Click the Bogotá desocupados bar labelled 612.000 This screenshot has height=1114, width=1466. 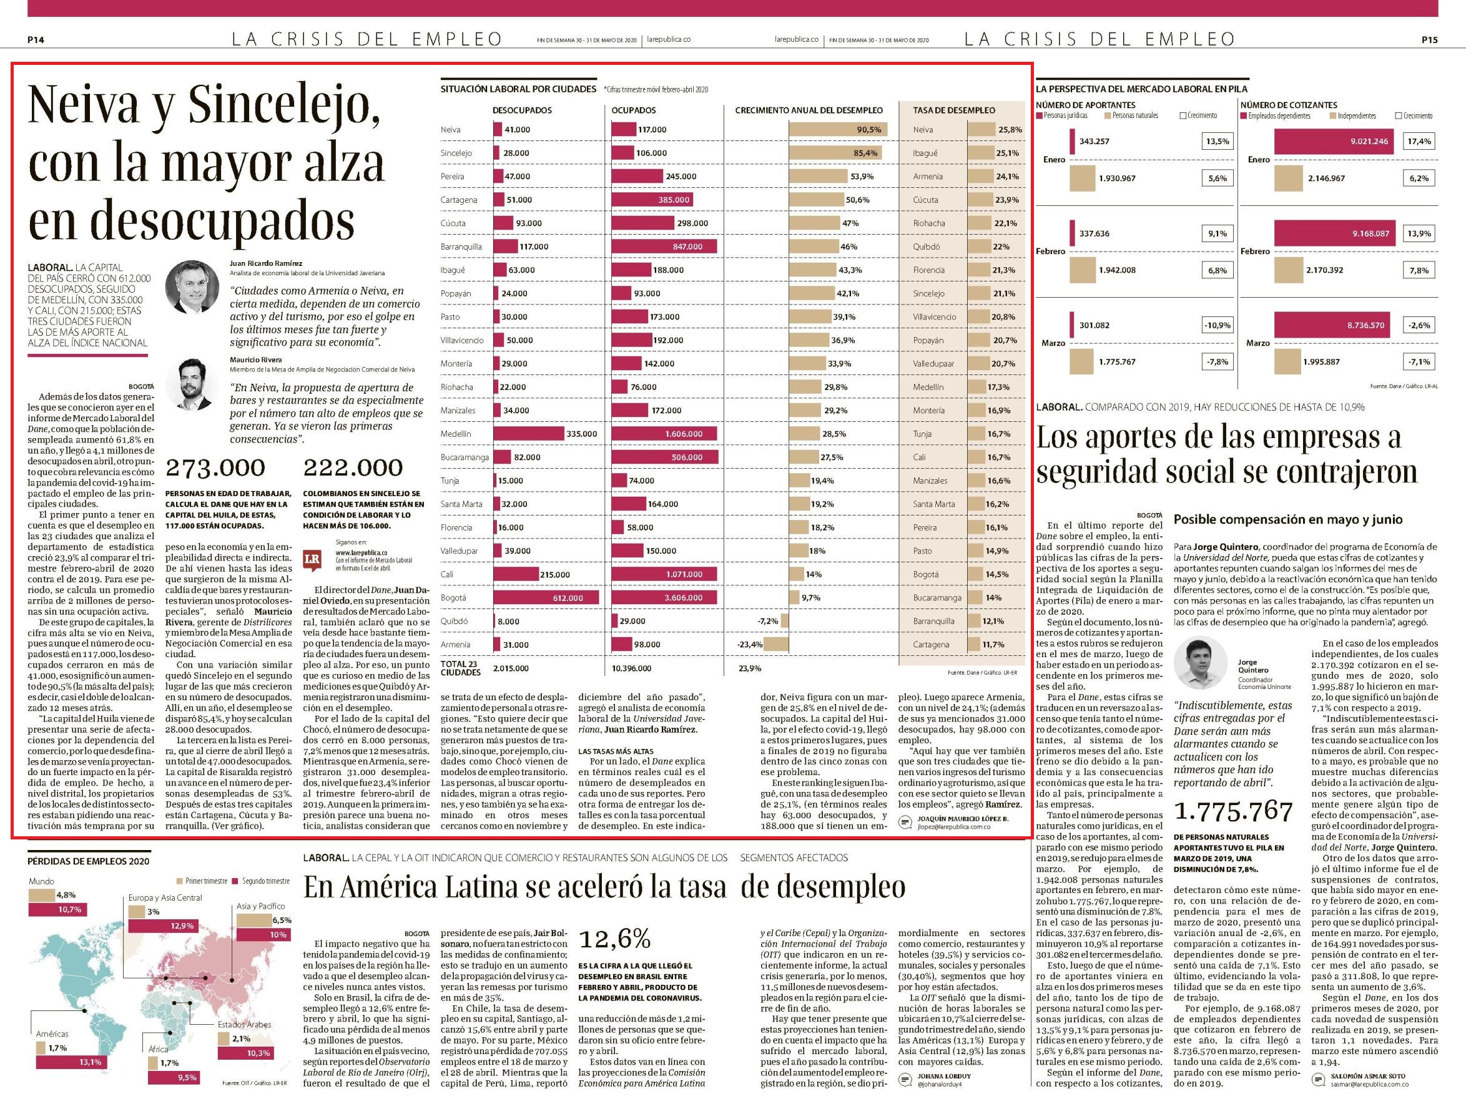coord(546,597)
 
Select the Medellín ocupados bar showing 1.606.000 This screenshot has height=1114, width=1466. coord(664,434)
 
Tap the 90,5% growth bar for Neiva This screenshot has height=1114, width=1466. coord(838,129)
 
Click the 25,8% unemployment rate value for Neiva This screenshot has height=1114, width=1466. coord(1010,129)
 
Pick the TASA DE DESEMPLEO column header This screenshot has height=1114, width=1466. coord(953,110)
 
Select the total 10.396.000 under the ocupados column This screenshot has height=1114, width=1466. coord(631,668)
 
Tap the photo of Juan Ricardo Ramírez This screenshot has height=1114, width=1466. coord(192,286)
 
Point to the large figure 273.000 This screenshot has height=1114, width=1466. coord(215,467)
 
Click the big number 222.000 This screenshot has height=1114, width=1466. coord(353,467)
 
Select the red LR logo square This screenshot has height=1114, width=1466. coord(312,560)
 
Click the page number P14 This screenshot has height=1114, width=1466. coord(36,40)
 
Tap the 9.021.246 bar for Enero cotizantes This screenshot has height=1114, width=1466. coord(1334,141)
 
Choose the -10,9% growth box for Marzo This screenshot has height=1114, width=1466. coord(1218,325)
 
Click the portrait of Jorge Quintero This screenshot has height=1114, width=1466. coord(1201,665)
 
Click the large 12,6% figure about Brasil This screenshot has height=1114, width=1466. coord(615,938)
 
